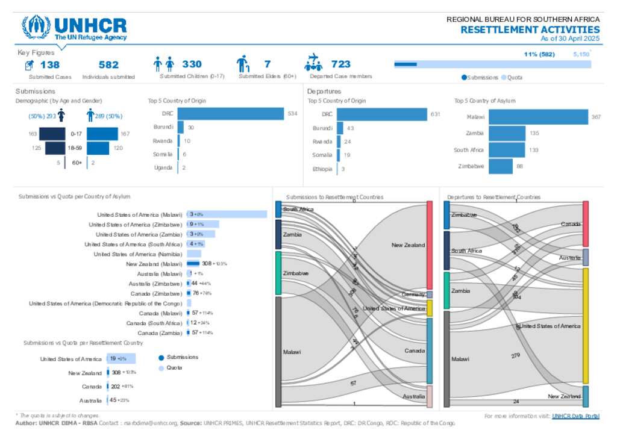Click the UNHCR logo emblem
[x=36, y=27]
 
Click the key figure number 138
[x=50, y=64]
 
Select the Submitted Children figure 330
[x=192, y=64]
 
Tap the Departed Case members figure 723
[x=340, y=64]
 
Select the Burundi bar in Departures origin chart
[x=340, y=128]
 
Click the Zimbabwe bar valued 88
[x=500, y=166]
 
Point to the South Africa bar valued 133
[x=506, y=150]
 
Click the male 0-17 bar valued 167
[x=102, y=134]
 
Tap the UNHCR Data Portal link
[x=575, y=416]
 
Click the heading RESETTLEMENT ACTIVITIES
[x=530, y=30]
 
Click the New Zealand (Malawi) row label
[x=154, y=264]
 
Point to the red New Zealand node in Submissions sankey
[x=430, y=245]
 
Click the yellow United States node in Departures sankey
[x=585, y=326]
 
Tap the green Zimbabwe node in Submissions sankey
[x=278, y=273]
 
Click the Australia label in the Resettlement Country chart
[x=90, y=400]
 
